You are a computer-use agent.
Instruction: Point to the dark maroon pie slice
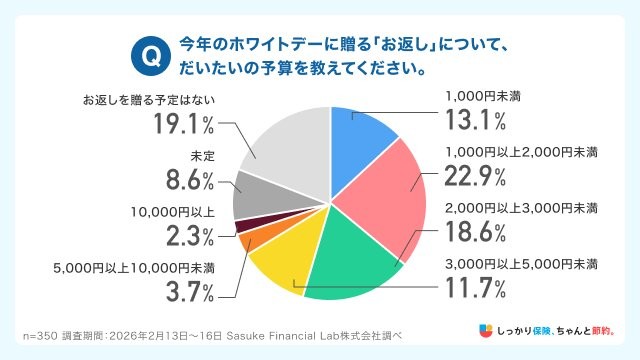243,225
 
